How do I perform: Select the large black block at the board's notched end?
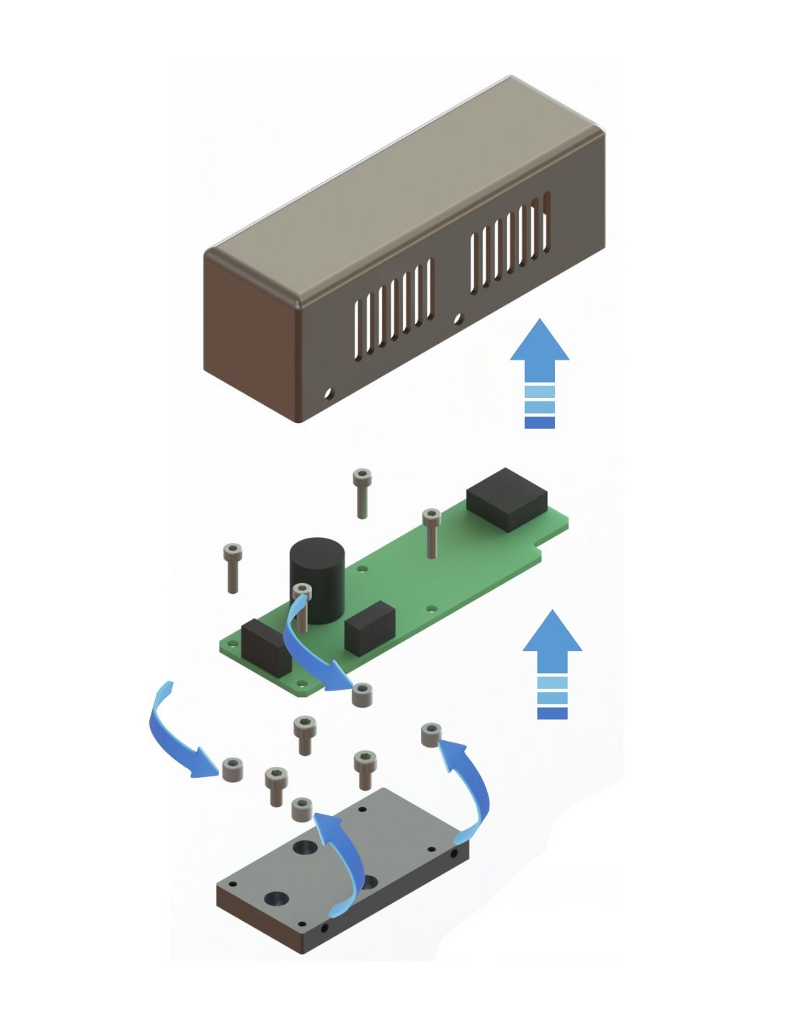point(507,498)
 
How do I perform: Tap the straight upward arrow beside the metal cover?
point(539,375)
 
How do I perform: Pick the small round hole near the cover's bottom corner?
point(329,394)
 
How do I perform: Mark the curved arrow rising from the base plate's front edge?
point(345,858)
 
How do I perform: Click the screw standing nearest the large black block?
point(430,532)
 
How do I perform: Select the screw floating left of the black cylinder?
point(232,567)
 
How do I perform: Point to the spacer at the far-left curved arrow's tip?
point(232,770)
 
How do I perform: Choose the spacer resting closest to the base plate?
point(302,809)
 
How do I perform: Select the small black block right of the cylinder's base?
point(370,626)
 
